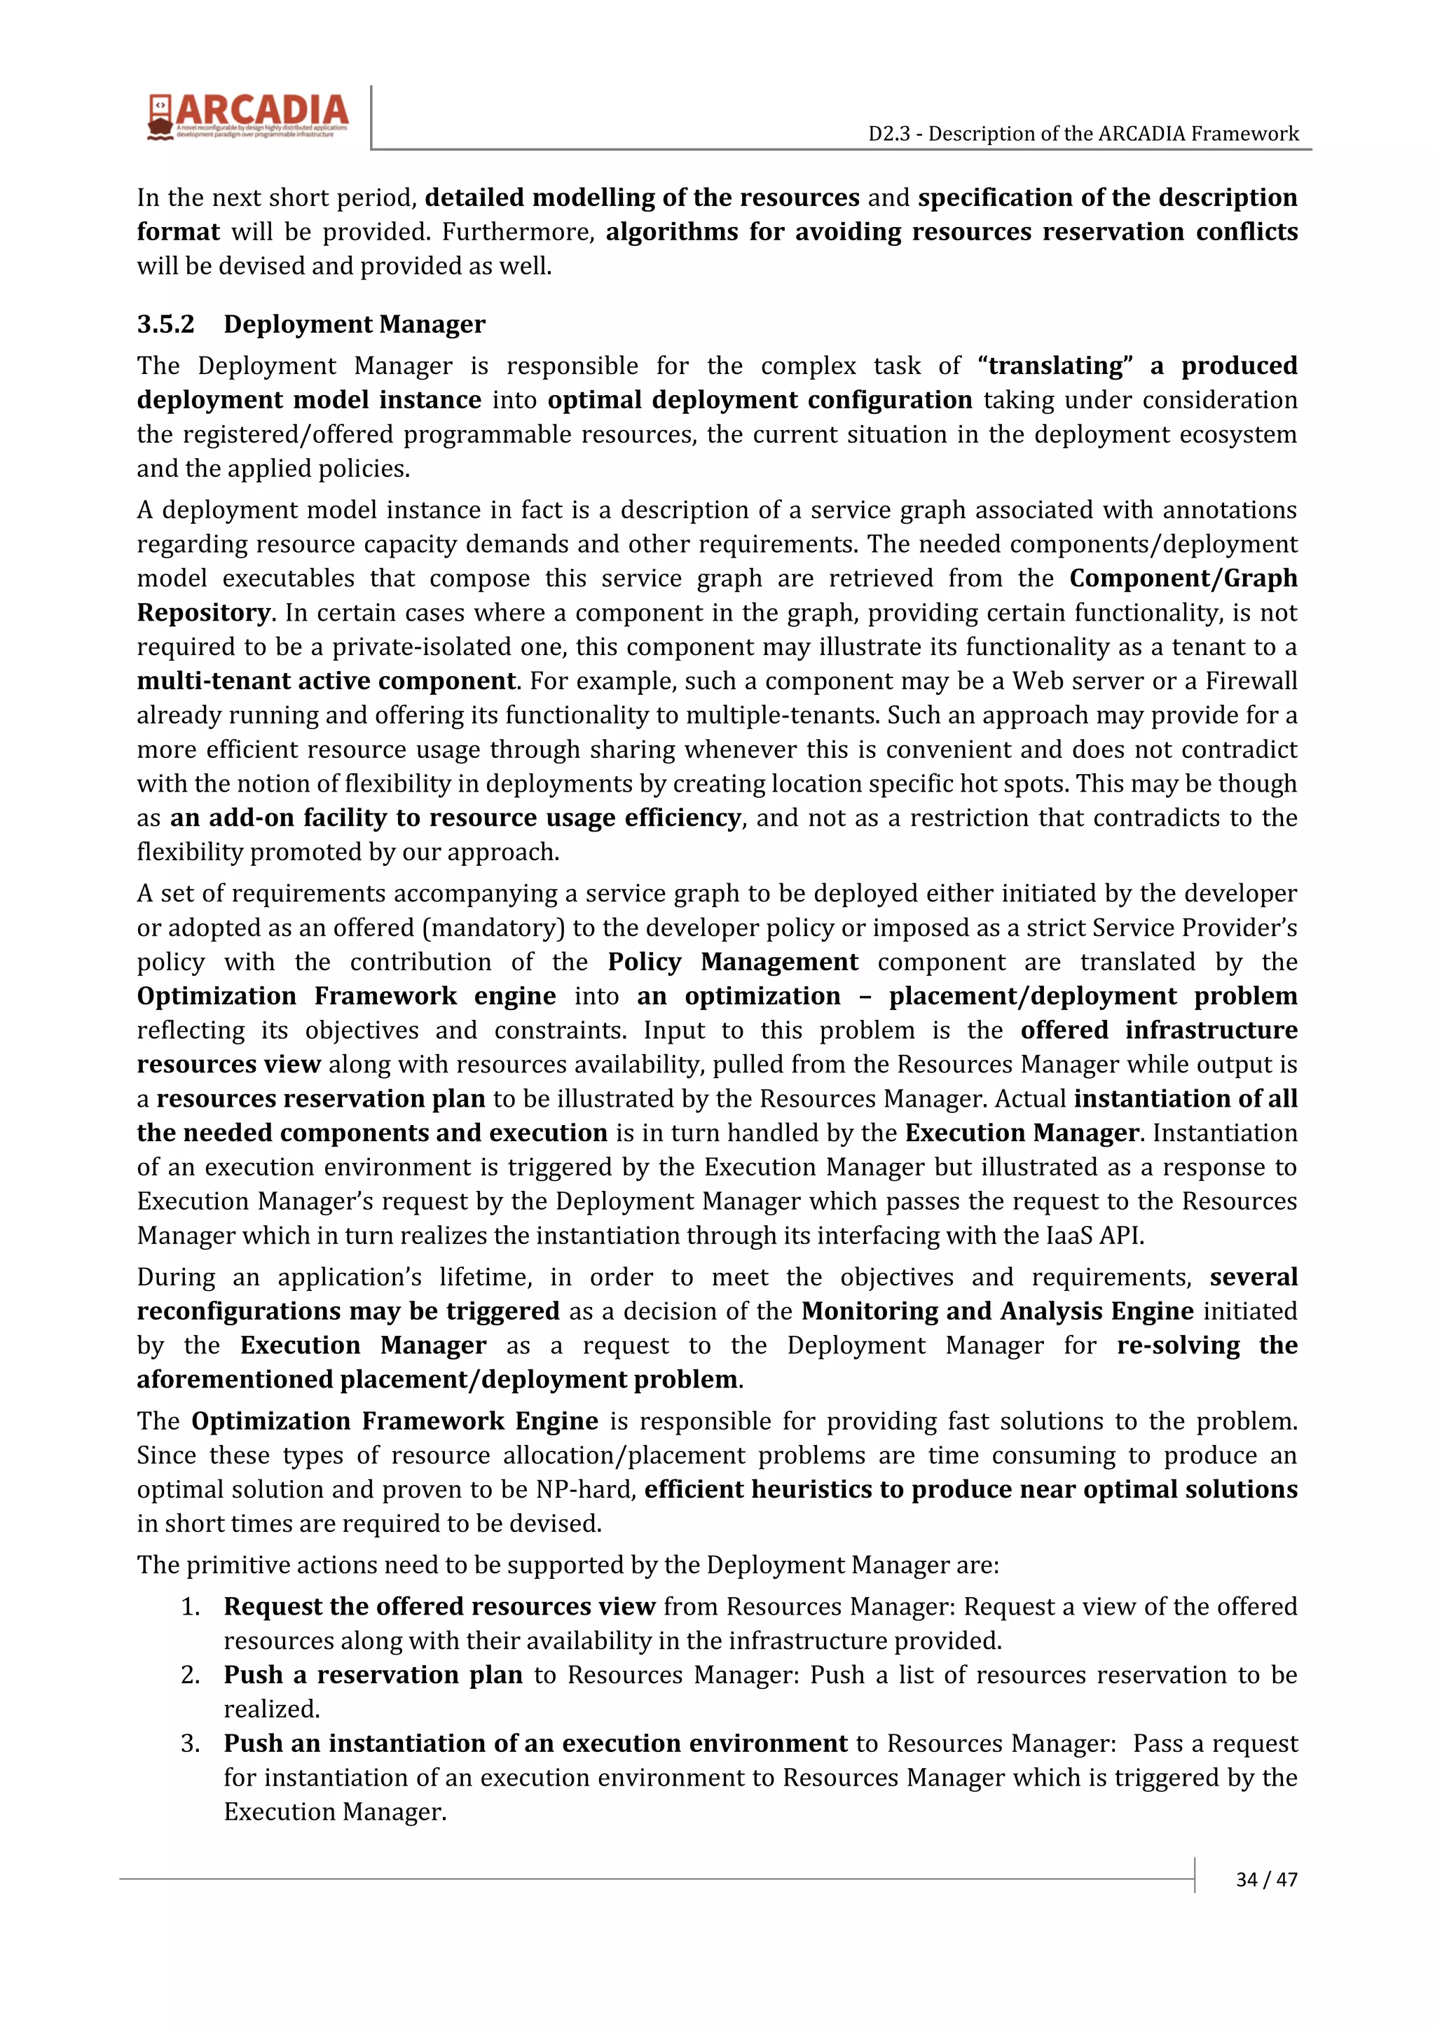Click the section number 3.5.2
[165, 324]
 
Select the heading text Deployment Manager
[354, 324]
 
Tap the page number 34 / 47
[1266, 1879]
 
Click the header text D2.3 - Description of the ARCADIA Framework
[1083, 134]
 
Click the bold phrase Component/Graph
[1183, 578]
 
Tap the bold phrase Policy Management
[732, 962]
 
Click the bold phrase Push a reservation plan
[372, 1675]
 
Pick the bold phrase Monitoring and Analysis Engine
[997, 1311]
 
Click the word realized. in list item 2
[271, 1709]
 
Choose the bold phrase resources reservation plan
[321, 1099]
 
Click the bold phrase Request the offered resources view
[439, 1606]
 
